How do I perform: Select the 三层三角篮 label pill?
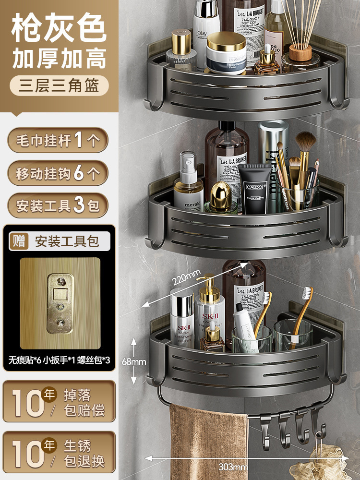pos(59,86)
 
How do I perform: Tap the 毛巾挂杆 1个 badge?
pos(58,141)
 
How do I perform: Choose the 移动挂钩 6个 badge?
pos(58,173)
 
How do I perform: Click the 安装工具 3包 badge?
pos(58,205)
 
